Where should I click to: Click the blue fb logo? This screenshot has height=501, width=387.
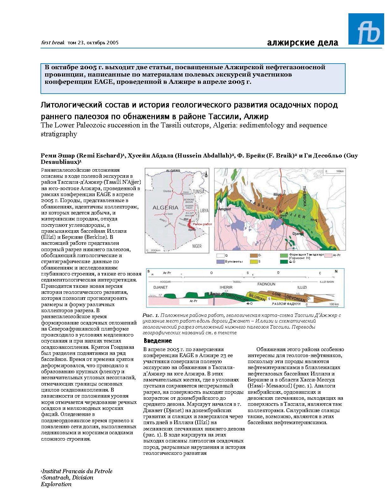pos(366,29)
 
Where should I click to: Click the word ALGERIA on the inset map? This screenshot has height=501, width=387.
pos(165,208)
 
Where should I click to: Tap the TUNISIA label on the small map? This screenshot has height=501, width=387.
pos(199,192)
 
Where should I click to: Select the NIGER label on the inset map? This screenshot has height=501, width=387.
pos(197,246)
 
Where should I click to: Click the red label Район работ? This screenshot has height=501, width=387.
pos(202,224)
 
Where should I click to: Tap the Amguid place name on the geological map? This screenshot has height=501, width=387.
pos(224,209)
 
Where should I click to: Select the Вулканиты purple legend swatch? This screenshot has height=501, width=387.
pos(220,262)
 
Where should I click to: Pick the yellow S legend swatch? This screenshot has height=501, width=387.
pos(254,262)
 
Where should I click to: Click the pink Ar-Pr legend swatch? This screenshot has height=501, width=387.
pos(328,255)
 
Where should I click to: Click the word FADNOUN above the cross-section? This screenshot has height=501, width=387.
pos(266,284)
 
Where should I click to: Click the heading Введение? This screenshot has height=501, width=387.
pos(158,341)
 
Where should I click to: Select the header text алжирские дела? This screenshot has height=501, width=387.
pos(303,43)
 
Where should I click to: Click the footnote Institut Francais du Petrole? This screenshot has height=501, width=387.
pos(77,471)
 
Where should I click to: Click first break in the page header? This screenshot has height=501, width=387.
pos(53,42)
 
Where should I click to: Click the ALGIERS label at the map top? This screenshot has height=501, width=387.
pos(173,170)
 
